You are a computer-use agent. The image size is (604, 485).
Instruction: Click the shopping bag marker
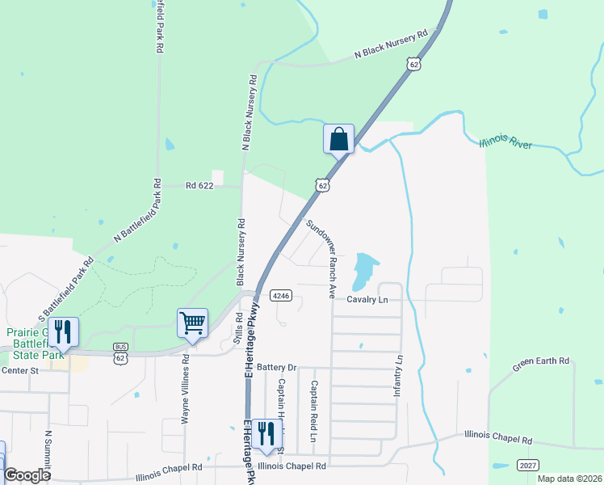[339, 139]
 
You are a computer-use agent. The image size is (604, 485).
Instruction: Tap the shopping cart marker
[193, 323]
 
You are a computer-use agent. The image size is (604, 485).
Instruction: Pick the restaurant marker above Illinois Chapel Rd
[266, 434]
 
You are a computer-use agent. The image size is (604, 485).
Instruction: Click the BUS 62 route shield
[120, 354]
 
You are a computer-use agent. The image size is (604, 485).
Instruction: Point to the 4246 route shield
[280, 295]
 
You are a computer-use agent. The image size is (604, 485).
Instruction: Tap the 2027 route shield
[526, 466]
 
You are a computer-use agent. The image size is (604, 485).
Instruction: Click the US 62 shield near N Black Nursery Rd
[414, 64]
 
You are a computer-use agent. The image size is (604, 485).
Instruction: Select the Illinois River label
[505, 143]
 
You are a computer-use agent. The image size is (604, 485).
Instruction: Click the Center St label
[20, 371]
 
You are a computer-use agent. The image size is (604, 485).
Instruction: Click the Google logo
[27, 475]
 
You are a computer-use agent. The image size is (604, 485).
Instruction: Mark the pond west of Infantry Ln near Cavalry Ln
[364, 269]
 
